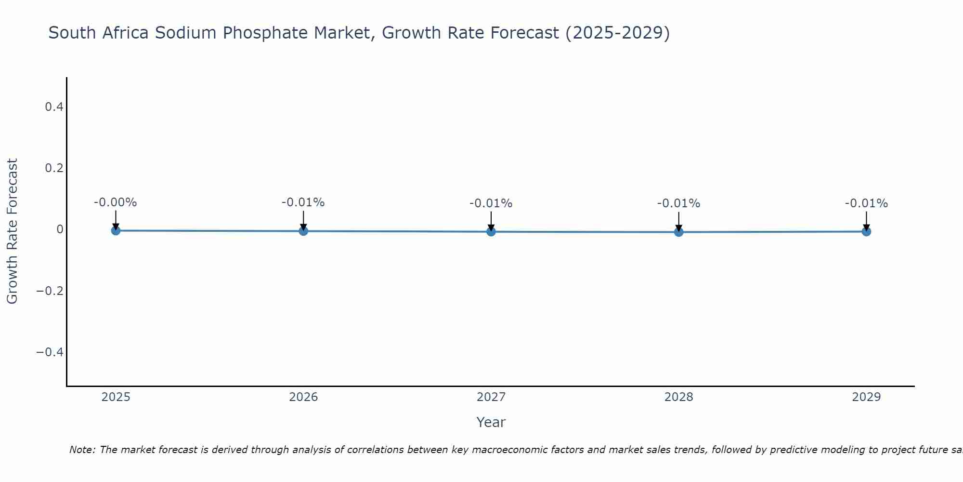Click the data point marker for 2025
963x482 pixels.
[116, 230]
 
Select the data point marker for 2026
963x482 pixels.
[303, 231]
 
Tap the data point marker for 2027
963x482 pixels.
[491, 231]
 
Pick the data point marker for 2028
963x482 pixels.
[679, 232]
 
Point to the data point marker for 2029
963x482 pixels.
[866, 231]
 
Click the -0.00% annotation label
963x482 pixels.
[116, 202]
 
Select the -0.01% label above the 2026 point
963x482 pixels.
[303, 202]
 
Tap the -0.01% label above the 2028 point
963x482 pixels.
[679, 203]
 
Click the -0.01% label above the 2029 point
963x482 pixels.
[866, 203]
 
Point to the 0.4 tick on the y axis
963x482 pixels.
[54, 107]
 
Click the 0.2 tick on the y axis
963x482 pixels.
[54, 168]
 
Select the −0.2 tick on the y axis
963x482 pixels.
[50, 291]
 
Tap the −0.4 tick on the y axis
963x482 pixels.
[50, 352]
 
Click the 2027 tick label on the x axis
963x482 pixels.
[491, 397]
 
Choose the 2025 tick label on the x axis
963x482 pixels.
[116, 397]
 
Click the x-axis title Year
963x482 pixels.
[491, 422]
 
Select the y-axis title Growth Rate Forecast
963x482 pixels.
[12, 231]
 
